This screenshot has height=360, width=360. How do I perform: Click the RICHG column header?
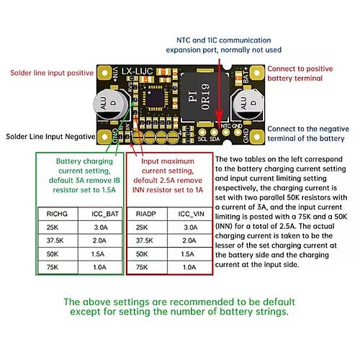click(57, 214)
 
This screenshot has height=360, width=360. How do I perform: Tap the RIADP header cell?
click(145, 214)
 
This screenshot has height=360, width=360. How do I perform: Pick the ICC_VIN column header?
click(191, 214)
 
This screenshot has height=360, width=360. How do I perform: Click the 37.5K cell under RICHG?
click(55, 240)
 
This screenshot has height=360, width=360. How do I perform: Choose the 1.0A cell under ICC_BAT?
click(99, 267)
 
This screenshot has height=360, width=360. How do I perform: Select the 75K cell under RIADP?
click(142, 267)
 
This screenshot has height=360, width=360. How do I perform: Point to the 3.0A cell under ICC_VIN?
click(191, 227)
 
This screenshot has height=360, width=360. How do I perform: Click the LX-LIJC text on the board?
click(137, 71)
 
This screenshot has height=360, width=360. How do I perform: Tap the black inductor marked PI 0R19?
click(204, 96)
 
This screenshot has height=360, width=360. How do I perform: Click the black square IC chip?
click(156, 98)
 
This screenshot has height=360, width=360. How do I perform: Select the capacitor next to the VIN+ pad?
click(111, 105)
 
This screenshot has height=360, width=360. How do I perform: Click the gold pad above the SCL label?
click(202, 132)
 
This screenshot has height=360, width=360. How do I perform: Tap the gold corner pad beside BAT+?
click(256, 73)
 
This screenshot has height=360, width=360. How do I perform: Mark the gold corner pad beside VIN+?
click(104, 73)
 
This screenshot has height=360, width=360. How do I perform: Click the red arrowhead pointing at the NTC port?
click(219, 116)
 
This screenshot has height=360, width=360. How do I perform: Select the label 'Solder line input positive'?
click(52, 73)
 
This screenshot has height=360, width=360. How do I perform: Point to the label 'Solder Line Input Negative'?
click(50, 137)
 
